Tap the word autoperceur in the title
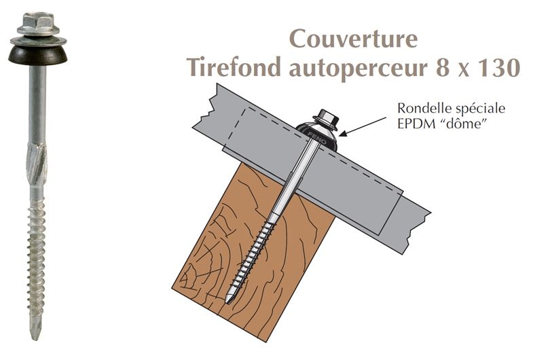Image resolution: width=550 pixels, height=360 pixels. [367, 68]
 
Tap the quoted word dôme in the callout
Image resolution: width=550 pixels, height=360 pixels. [468, 123]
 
